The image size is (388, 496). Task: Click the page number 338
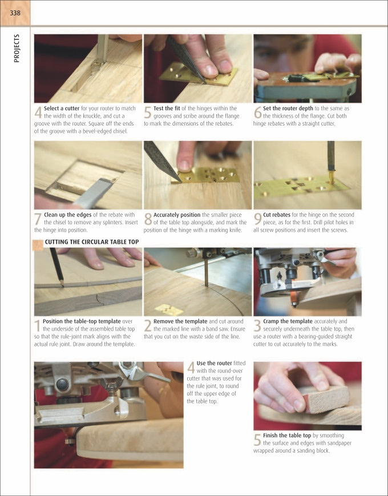point(15,13)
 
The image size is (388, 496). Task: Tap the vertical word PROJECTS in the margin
point(17,49)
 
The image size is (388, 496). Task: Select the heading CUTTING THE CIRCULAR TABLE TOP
point(92,242)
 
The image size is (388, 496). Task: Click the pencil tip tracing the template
point(62,285)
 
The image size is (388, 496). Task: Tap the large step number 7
point(38,219)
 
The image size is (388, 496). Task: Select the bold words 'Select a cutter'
point(62,108)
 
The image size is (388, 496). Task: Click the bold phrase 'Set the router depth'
point(288,108)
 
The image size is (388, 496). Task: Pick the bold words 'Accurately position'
point(177,215)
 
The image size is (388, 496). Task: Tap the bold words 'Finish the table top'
point(287,435)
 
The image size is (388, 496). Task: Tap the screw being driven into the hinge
point(331,178)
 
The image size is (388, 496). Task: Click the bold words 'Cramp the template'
point(288,321)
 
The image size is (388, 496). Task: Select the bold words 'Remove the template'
point(180,321)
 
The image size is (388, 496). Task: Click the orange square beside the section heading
point(38,245)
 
